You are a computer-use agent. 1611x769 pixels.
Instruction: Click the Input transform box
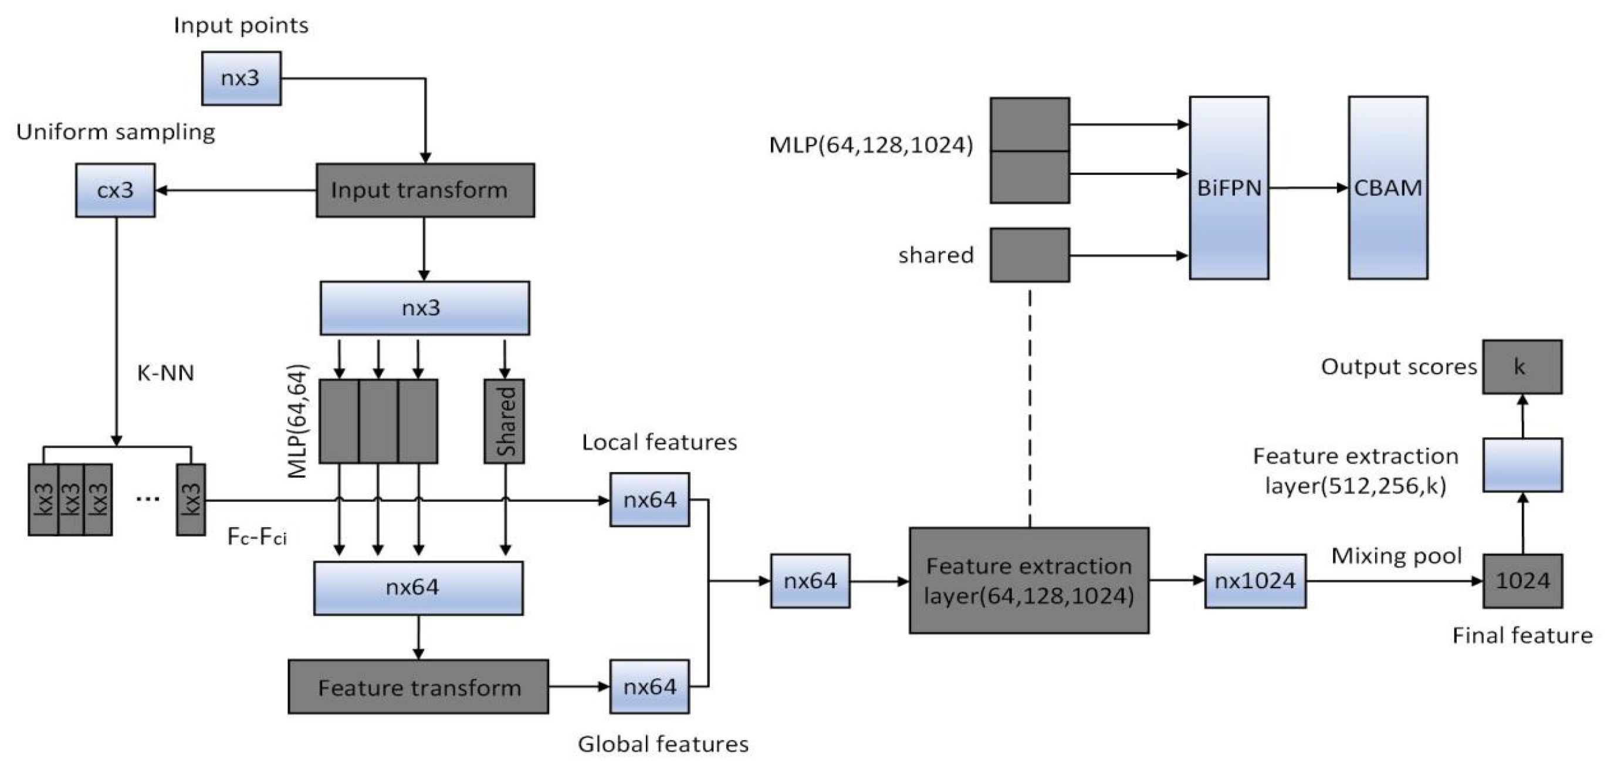(x=425, y=190)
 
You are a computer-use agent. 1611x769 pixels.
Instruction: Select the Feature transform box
(x=418, y=686)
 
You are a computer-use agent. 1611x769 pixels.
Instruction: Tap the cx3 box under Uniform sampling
(x=115, y=190)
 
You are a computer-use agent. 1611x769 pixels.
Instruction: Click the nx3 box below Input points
(x=241, y=78)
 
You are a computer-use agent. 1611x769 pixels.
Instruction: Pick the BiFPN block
(x=1228, y=187)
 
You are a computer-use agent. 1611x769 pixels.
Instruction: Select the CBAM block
(x=1387, y=187)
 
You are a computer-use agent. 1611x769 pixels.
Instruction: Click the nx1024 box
(x=1254, y=581)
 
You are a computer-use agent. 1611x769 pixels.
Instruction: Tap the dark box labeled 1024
(x=1522, y=581)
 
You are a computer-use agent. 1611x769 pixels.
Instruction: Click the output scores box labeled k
(x=1522, y=367)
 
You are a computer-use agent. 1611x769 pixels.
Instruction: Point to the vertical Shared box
(x=504, y=420)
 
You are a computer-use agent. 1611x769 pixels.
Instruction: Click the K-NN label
(x=165, y=373)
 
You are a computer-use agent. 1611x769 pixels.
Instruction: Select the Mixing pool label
(x=1396, y=556)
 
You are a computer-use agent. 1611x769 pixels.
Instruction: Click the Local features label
(x=659, y=443)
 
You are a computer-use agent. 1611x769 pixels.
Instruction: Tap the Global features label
(x=663, y=744)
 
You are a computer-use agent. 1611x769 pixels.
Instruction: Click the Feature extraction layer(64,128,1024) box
(x=1029, y=581)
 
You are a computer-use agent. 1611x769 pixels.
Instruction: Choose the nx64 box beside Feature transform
(x=649, y=686)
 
